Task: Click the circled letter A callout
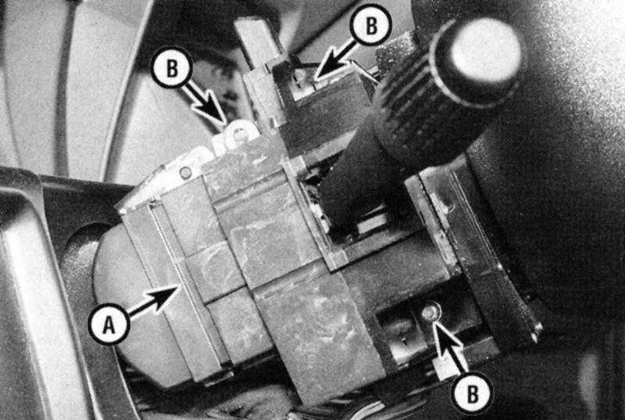[x=109, y=325]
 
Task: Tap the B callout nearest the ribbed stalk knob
[x=370, y=25]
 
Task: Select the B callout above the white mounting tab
[x=172, y=67]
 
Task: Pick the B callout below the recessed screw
[x=473, y=393]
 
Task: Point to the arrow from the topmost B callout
[x=335, y=59]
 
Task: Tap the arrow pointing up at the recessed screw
[x=450, y=347]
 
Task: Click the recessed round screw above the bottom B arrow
[x=431, y=312]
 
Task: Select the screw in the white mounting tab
[x=239, y=134]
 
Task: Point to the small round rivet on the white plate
[x=185, y=173]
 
